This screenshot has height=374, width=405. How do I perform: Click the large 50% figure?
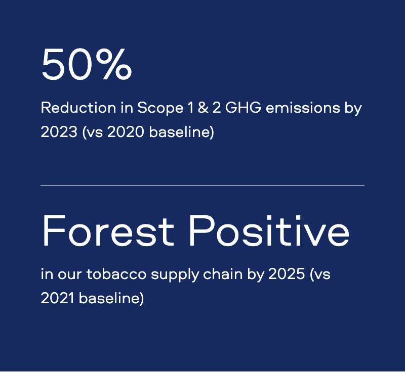pos(87,64)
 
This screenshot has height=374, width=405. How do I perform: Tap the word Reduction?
pos(78,108)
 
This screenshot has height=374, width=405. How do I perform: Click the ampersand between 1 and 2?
pos(203,108)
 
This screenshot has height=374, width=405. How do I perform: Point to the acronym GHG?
pos(244,108)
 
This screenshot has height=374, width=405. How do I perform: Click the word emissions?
pos(303,108)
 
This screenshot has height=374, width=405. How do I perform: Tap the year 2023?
pos(59,132)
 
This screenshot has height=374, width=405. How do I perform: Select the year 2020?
pos(126,132)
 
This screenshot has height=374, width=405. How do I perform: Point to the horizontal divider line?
pos(202,185)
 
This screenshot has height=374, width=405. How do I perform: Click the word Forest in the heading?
pos(108,231)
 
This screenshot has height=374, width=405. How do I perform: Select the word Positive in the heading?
pos(269,231)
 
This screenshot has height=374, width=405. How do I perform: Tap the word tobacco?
pos(116,273)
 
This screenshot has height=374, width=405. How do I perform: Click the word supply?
pos(175,275)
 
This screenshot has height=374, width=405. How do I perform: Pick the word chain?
pos(223,273)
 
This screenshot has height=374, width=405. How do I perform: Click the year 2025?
pos(287,273)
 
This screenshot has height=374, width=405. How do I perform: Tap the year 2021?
pos(58,298)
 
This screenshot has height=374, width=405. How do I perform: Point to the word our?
pos(70,274)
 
